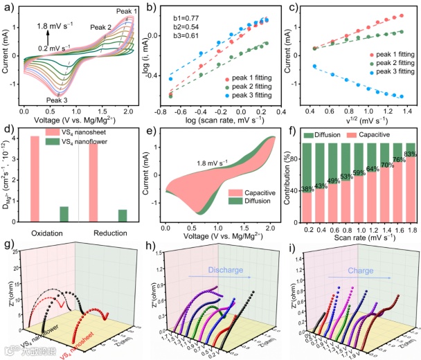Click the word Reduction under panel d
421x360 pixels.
click(111, 231)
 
